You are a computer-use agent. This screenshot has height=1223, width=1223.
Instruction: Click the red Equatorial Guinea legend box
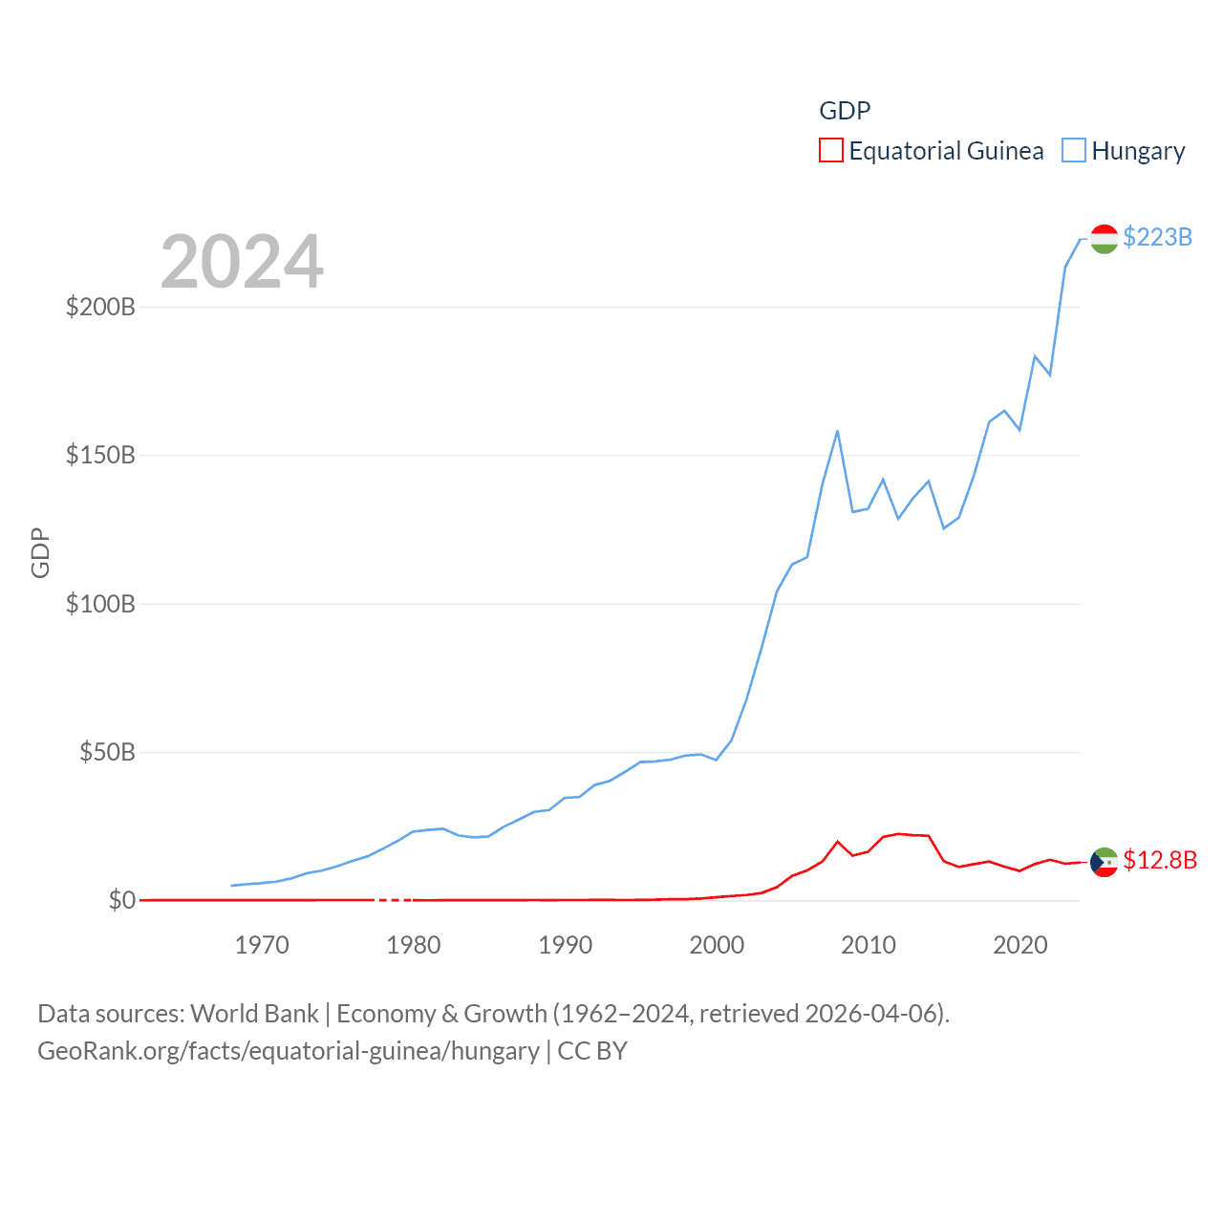point(831,151)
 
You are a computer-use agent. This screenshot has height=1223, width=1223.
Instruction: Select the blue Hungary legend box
point(1074,151)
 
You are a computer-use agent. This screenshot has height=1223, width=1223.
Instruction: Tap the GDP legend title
point(845,111)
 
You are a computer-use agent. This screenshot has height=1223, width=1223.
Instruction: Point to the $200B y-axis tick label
point(100,307)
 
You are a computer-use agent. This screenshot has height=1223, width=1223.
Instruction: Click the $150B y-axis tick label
point(100,455)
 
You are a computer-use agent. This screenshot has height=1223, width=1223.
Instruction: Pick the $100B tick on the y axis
point(100,604)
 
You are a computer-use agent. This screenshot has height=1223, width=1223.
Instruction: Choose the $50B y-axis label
point(107,752)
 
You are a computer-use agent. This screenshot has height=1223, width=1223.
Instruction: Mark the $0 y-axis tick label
point(121,900)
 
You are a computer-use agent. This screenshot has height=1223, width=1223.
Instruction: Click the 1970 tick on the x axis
point(262,945)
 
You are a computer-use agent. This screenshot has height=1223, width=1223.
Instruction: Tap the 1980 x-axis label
point(414,945)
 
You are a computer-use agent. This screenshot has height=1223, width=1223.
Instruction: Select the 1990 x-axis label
point(566,945)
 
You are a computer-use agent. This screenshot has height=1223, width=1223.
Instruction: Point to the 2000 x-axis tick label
point(717,945)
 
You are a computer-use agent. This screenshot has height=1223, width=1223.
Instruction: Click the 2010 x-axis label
point(869,945)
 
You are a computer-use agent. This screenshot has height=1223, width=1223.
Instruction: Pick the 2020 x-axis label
point(1020,945)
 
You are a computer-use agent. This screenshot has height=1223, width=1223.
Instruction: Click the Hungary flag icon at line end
point(1104,239)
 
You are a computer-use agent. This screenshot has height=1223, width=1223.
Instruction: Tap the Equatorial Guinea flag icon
point(1104,862)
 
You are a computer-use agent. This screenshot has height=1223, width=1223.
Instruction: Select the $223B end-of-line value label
point(1157,237)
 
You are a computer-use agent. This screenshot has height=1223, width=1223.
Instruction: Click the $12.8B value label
point(1160,860)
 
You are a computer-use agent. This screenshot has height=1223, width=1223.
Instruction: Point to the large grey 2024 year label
point(242,262)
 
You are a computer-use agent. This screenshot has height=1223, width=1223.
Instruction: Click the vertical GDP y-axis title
point(40,552)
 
